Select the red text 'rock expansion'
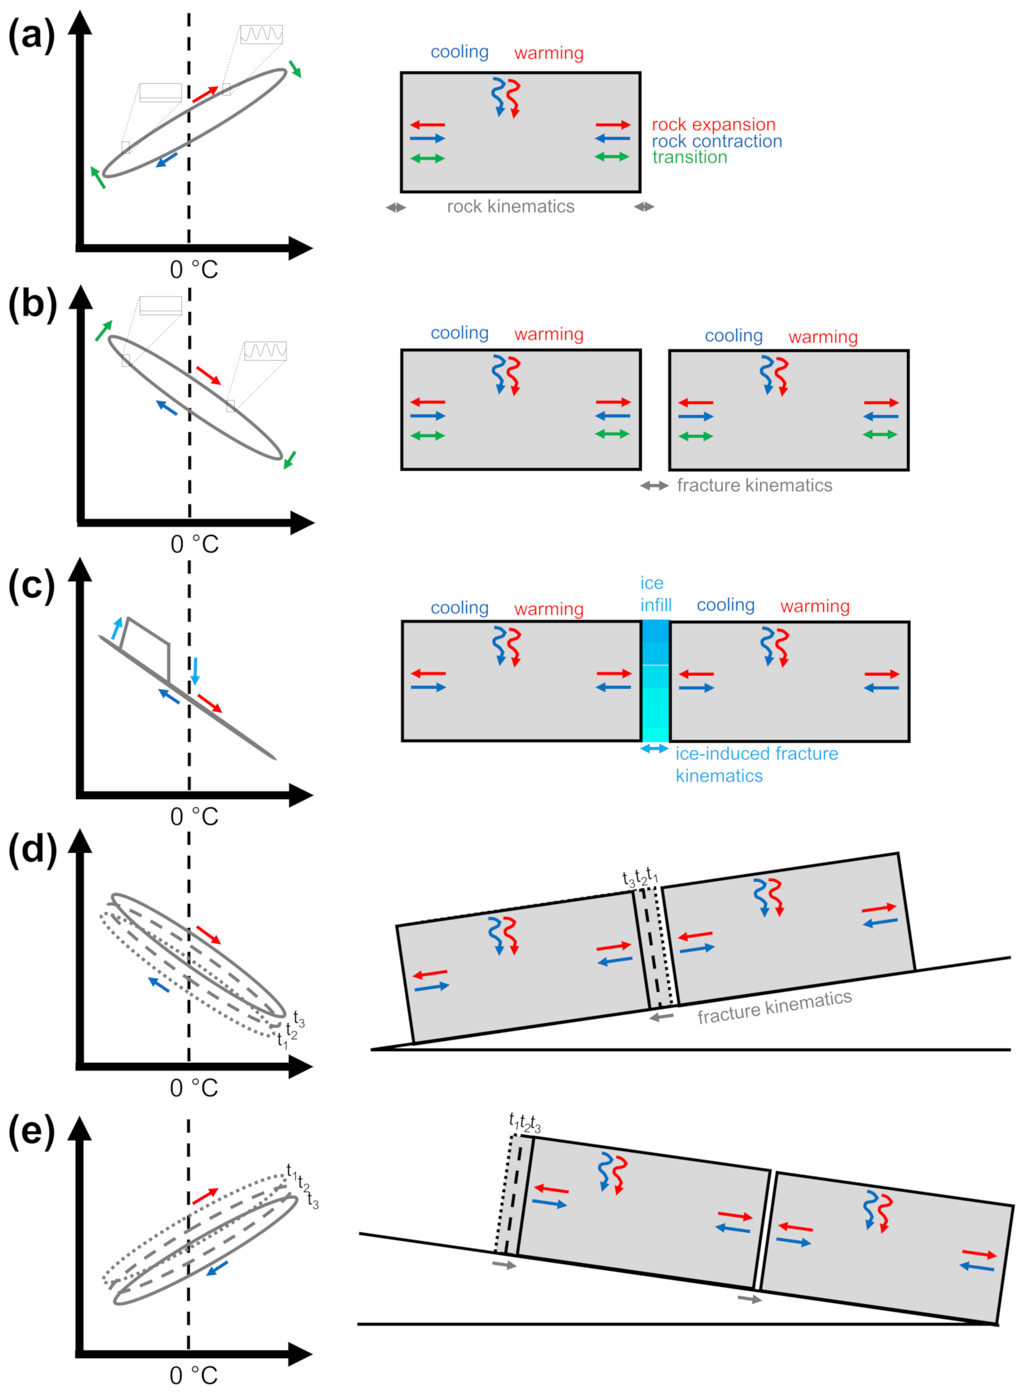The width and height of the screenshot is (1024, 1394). (714, 125)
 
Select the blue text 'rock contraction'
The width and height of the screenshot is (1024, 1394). (717, 141)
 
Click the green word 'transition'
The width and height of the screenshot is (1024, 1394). (689, 157)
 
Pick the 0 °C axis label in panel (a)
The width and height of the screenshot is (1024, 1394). (194, 270)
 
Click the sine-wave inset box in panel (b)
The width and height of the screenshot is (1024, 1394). (265, 351)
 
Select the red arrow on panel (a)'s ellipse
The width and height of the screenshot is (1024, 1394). (205, 94)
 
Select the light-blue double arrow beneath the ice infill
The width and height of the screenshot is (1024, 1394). (655, 748)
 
